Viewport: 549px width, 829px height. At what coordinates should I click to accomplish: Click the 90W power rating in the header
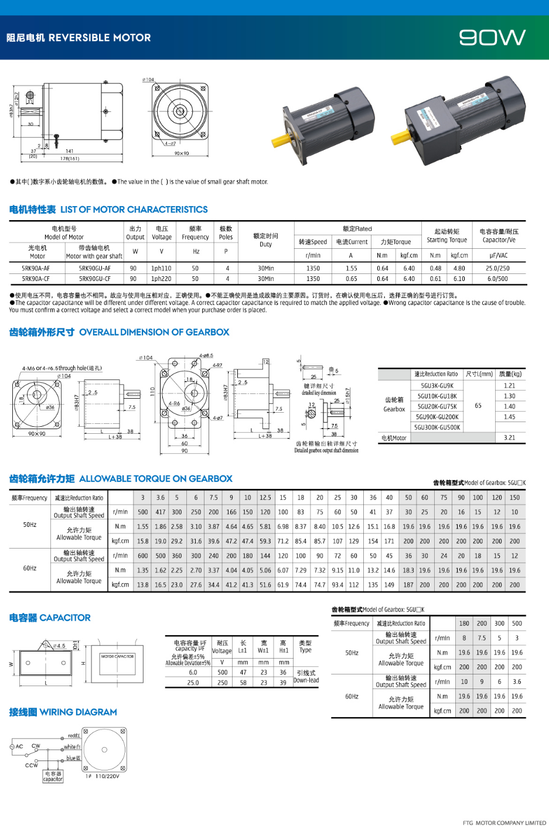(x=492, y=38)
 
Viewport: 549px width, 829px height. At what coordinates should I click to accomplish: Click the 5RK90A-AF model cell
(x=36, y=269)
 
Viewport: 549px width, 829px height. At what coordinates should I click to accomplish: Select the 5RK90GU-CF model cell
(x=94, y=279)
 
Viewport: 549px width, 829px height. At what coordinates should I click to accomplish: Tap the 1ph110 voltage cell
(x=161, y=269)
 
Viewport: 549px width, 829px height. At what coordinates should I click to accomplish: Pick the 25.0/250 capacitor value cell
(x=497, y=269)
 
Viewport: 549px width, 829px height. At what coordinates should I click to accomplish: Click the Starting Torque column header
(x=446, y=236)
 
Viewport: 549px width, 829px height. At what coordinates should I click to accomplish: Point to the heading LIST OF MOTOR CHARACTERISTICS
(x=134, y=210)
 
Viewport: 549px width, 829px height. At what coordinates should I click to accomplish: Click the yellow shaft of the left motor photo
(x=281, y=141)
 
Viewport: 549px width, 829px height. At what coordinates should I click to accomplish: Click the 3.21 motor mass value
(x=509, y=438)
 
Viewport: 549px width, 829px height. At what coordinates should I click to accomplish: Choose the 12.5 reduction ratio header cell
(x=265, y=498)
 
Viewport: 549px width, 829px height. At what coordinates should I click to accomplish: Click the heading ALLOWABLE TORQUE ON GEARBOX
(x=155, y=479)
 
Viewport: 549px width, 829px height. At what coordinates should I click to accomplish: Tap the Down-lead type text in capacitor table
(x=306, y=677)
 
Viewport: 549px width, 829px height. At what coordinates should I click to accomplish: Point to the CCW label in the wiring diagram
(x=31, y=765)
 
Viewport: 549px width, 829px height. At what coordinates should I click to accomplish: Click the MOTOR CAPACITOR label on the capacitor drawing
(x=117, y=656)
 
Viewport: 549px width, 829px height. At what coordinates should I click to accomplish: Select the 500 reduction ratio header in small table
(x=517, y=624)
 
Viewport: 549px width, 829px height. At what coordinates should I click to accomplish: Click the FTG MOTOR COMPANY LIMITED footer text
(x=504, y=823)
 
